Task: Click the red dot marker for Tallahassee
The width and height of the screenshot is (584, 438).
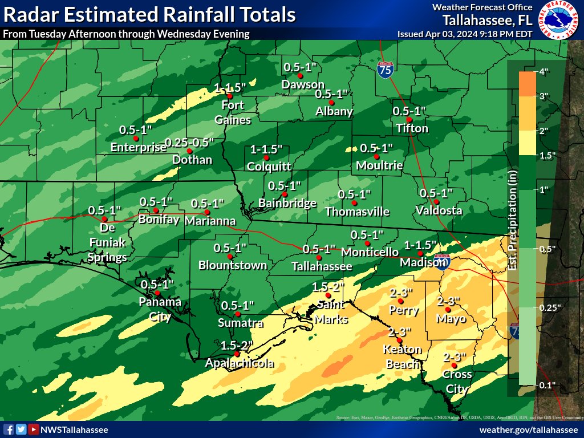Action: point(303,249)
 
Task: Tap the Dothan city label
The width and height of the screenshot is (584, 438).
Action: point(192,160)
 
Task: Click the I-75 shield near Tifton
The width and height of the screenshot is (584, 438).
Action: point(385,71)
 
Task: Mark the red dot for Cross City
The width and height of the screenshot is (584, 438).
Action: point(454,366)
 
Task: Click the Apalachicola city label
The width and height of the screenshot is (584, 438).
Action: point(240,363)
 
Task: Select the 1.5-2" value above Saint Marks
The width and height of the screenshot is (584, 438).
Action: point(328,286)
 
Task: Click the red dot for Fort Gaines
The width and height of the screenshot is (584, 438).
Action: point(230,96)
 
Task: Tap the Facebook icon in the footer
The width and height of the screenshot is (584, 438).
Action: point(9,429)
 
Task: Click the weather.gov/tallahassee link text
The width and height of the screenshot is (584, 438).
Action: point(529,429)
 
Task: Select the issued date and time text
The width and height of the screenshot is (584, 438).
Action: point(465,34)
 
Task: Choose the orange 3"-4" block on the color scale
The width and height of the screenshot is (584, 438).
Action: point(527,84)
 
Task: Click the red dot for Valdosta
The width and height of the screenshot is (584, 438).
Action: point(436,201)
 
